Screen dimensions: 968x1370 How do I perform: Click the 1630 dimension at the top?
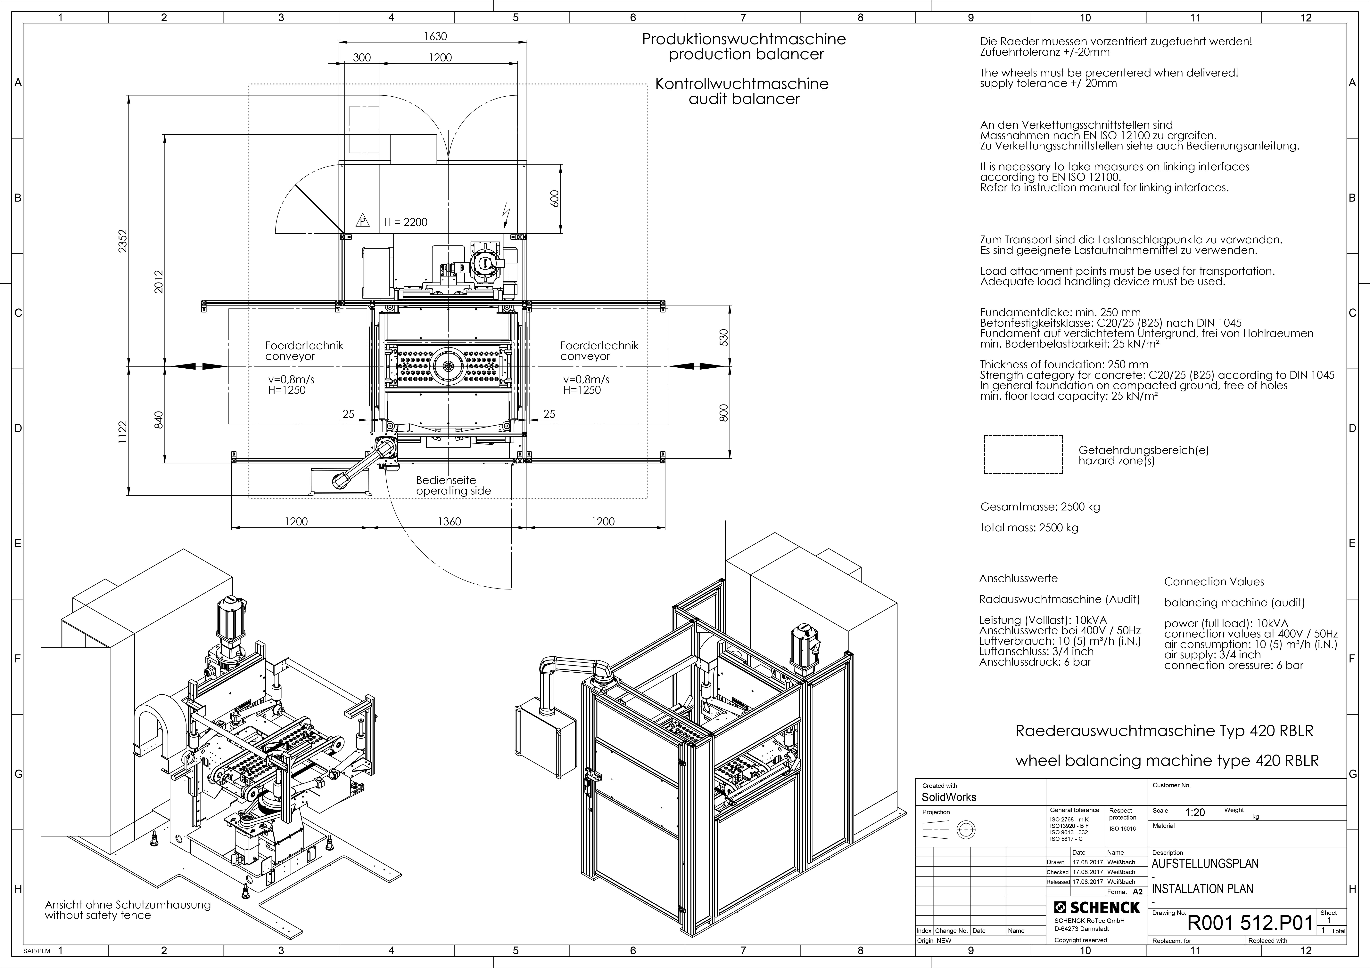(x=435, y=36)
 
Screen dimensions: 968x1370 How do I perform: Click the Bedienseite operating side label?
(x=453, y=485)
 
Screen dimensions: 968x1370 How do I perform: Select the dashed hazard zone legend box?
(x=1023, y=454)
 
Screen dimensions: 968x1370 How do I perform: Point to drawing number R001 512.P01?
(x=1251, y=923)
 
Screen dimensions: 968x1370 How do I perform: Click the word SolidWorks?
(x=949, y=797)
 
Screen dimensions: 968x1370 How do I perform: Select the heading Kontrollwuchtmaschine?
(x=742, y=84)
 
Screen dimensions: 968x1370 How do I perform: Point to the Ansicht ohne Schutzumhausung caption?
(x=128, y=905)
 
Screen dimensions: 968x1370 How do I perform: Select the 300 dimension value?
(x=362, y=58)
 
